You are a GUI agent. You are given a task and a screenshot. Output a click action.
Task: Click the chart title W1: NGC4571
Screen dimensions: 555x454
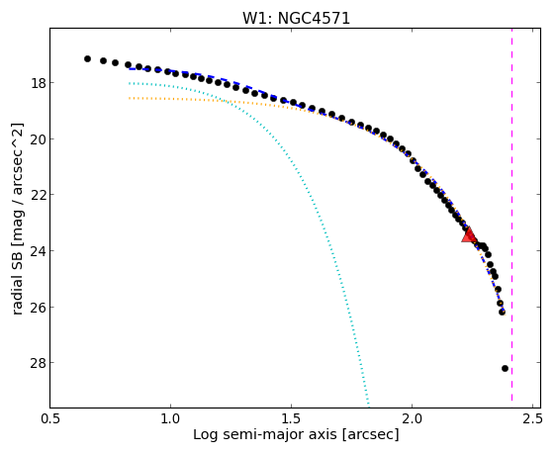point(296,18)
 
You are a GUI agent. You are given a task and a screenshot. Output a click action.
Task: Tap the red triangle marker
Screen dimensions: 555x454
point(469,235)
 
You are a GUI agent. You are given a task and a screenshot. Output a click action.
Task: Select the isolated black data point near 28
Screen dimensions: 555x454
point(505,368)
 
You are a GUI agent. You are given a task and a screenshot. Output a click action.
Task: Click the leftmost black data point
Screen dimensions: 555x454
point(87,58)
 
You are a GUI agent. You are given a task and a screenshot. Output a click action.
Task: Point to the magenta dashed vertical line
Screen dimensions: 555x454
point(511,215)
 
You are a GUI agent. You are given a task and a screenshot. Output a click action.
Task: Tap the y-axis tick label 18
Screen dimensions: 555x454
point(39,83)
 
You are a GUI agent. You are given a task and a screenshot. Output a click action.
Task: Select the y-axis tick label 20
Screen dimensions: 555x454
point(39,139)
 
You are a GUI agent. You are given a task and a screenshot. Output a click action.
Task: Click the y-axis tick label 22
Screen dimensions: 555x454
point(39,195)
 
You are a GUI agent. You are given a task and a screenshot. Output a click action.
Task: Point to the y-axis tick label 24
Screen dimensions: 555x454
point(39,251)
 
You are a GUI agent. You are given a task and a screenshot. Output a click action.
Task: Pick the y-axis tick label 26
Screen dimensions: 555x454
point(39,308)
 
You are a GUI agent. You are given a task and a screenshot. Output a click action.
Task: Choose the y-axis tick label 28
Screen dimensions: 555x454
point(39,363)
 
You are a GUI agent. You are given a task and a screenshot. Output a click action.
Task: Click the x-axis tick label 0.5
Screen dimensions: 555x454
point(50,419)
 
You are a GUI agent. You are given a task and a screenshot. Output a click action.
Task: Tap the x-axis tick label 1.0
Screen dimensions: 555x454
point(170,419)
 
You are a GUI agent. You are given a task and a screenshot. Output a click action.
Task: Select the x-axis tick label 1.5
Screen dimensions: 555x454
point(291,419)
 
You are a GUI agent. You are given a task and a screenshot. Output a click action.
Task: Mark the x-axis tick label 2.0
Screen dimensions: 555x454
point(412,419)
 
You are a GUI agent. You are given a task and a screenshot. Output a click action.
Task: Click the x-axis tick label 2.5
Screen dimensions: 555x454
point(532,419)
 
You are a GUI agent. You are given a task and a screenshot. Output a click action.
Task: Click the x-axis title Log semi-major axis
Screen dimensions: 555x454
point(265,435)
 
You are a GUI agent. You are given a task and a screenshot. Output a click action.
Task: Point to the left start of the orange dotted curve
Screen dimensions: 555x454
point(130,98)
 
